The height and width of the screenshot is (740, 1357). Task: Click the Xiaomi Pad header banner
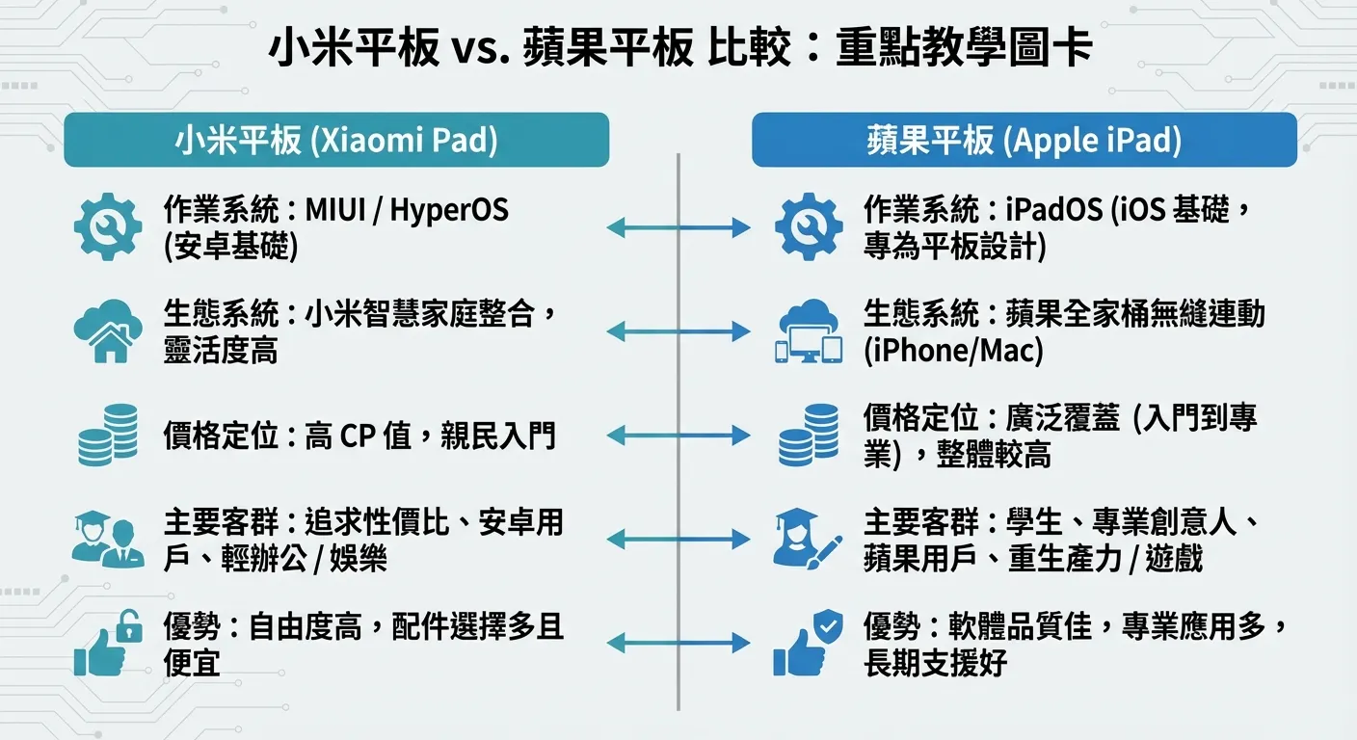pos(336,140)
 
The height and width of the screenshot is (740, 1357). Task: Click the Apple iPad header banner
pos(1024,140)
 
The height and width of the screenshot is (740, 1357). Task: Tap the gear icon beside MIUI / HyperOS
pos(108,227)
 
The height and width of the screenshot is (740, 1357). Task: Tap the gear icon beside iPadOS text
pos(809,227)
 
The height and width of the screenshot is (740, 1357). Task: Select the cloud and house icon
pos(108,331)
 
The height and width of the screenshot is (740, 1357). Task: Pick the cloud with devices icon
pos(809,331)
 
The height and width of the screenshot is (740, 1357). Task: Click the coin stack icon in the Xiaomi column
pos(108,435)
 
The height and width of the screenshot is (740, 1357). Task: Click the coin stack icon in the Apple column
pos(809,435)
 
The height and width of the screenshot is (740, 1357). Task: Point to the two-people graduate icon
pos(108,539)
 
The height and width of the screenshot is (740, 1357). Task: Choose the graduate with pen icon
pos(808,539)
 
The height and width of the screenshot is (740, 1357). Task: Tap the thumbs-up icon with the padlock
pos(108,643)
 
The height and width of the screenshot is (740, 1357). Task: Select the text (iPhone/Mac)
pos(953,351)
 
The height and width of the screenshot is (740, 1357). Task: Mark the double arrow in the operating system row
pos(678,227)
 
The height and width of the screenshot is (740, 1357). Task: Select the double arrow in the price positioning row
pos(678,436)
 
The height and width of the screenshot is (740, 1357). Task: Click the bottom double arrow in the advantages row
pos(678,643)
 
